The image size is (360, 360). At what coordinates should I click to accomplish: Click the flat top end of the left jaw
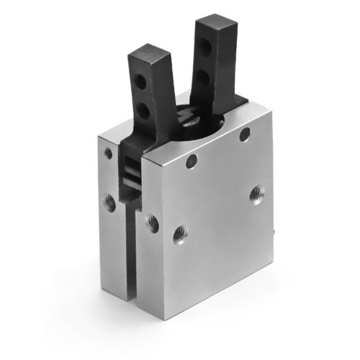(149, 55)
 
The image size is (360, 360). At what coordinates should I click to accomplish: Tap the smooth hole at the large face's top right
(245, 134)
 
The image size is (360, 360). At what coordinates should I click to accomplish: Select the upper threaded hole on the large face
(256, 193)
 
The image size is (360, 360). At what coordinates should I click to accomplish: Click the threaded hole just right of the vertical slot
(153, 222)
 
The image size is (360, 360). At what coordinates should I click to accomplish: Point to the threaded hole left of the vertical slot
(110, 203)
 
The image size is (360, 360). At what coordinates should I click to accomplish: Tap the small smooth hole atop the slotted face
(108, 153)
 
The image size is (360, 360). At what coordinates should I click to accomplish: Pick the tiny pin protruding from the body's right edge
(278, 233)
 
